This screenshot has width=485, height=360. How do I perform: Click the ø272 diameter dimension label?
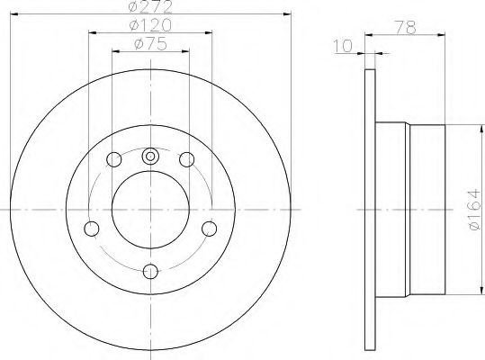point(149,7)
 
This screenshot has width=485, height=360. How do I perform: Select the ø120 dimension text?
point(150,25)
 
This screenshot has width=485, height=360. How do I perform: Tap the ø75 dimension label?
point(151,43)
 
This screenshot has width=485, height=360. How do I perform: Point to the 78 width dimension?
point(406,28)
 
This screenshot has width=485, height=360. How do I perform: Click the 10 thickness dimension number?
point(343,46)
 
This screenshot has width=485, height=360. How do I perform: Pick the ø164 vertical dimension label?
point(474,210)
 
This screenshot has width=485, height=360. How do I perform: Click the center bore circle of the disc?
point(150,210)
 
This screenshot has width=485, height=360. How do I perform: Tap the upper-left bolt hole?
point(113,159)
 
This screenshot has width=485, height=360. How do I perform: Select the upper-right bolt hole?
point(187,159)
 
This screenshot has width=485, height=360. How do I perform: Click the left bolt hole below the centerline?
point(92,229)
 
